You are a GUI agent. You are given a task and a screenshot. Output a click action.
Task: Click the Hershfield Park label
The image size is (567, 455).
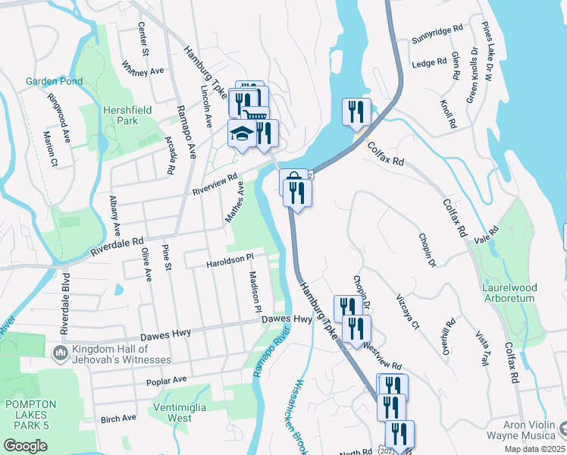pyautogui.click(x=127, y=115)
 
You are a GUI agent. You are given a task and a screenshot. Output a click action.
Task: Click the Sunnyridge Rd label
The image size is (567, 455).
pyautogui.click(x=437, y=33)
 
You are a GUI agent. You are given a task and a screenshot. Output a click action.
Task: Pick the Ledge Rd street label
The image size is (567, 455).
pyautogui.click(x=429, y=64)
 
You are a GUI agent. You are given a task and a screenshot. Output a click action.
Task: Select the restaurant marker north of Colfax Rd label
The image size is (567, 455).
pyautogui.click(x=356, y=112)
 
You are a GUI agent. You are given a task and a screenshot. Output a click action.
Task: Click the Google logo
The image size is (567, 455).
pyautogui.click(x=25, y=446)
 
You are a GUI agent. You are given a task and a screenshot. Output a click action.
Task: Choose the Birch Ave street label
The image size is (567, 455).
pyautogui.click(x=118, y=418)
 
